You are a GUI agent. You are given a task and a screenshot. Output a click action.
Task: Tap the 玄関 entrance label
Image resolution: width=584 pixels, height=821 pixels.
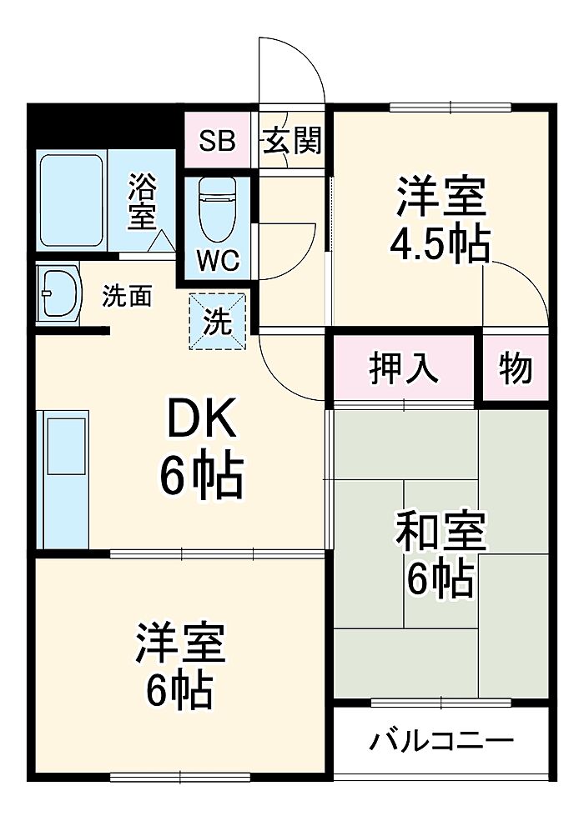(293, 141)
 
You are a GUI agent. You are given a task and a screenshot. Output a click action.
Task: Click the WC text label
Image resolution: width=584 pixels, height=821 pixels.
(218, 260)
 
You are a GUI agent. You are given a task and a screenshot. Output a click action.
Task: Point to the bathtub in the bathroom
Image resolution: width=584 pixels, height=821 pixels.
(71, 199)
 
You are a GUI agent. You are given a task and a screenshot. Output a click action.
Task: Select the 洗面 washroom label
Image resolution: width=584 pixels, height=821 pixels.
(127, 296)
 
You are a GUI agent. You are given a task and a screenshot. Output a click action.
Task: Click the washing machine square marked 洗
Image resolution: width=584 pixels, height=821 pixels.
(218, 321)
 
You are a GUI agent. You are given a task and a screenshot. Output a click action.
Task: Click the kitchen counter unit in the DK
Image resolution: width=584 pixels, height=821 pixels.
(65, 480)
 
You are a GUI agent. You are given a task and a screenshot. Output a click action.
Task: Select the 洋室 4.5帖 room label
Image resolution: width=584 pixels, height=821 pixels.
(440, 218)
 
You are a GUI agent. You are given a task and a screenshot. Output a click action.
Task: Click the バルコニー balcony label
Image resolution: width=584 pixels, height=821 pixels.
(441, 739)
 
